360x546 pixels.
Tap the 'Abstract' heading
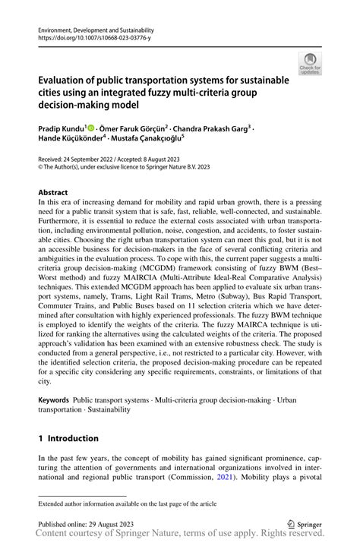coord(53,193)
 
